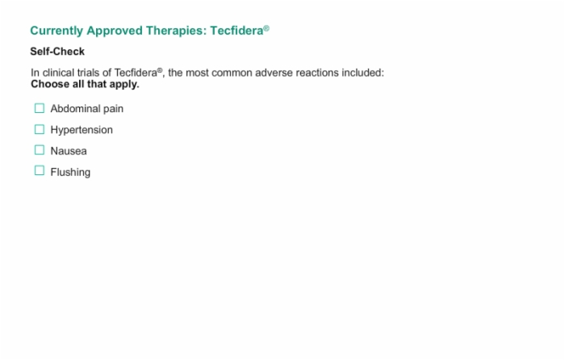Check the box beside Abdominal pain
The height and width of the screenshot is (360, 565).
click(x=40, y=108)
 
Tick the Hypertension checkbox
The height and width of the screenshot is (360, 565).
click(x=40, y=129)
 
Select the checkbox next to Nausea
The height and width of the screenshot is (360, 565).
click(x=40, y=150)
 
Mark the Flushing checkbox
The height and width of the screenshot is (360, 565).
click(x=40, y=170)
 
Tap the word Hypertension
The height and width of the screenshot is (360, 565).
click(x=82, y=130)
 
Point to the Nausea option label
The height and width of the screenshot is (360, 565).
click(x=69, y=151)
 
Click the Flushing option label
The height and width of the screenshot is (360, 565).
click(x=70, y=172)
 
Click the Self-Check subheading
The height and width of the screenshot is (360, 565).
click(x=57, y=52)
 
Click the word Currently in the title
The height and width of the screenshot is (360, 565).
click(x=56, y=31)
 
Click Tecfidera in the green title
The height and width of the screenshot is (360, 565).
click(x=236, y=31)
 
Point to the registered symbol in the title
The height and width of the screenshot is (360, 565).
click(x=266, y=28)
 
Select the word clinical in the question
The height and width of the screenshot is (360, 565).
click(x=58, y=73)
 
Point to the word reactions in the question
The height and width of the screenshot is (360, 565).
click(x=317, y=73)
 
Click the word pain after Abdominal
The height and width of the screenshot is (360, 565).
click(x=114, y=109)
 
